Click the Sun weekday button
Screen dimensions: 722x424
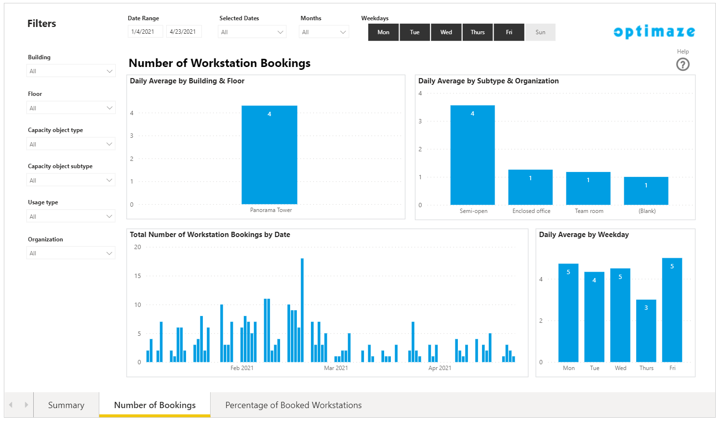(540, 32)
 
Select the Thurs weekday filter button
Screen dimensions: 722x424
(477, 32)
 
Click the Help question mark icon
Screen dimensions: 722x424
(682, 65)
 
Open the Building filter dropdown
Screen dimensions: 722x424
(71, 71)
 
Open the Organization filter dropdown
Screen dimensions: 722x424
(71, 253)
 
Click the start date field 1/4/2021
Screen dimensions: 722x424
(145, 32)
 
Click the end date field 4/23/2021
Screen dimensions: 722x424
(184, 32)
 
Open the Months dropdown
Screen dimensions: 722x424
(323, 32)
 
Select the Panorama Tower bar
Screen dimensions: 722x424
(269, 155)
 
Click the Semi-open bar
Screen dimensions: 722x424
(472, 155)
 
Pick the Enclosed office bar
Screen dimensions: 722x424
(531, 187)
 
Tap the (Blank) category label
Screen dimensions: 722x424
(647, 211)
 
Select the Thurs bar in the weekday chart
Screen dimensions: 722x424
(646, 331)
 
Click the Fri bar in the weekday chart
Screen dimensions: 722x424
(672, 310)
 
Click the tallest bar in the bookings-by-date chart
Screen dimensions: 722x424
(302, 310)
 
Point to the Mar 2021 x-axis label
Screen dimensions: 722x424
(336, 368)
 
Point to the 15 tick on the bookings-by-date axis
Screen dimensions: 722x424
(138, 276)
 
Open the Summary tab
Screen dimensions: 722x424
(66, 405)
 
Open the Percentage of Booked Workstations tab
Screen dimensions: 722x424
(294, 405)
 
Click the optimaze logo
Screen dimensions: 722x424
(655, 32)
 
